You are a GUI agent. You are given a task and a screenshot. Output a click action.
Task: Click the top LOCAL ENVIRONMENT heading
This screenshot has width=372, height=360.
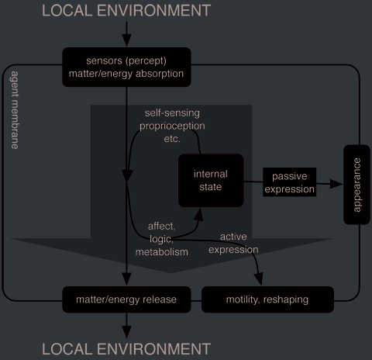click(x=126, y=11)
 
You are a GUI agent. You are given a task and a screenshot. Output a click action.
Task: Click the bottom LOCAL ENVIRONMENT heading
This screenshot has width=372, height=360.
click(x=126, y=349)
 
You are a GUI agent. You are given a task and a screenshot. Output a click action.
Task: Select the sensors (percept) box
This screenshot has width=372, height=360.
click(x=126, y=67)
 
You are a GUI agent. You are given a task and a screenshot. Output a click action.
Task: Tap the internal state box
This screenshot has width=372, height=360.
click(x=211, y=180)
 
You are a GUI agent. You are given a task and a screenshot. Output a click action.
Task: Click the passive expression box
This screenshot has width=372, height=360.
click(x=289, y=182)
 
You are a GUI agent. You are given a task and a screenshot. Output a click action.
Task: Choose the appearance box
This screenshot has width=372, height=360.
click(x=356, y=185)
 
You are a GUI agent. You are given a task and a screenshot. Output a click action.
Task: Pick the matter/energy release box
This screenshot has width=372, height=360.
click(x=126, y=299)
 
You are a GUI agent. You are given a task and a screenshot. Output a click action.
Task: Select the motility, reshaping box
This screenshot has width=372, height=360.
click(x=267, y=299)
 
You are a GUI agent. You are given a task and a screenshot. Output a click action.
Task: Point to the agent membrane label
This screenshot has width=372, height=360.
click(x=15, y=110)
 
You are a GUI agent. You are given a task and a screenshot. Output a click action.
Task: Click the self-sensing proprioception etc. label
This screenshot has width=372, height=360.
click(x=172, y=126)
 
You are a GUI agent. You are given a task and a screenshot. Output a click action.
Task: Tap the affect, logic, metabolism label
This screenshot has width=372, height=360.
click(x=162, y=239)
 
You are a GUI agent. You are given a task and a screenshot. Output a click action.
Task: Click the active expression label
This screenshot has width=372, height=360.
click(x=233, y=243)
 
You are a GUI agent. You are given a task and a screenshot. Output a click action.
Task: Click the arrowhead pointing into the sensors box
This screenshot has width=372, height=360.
click(x=126, y=40)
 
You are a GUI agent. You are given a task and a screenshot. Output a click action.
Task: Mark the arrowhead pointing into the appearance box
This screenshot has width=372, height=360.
click(x=336, y=184)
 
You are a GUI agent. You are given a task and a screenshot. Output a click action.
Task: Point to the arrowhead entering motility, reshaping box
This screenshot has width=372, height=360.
click(x=259, y=279)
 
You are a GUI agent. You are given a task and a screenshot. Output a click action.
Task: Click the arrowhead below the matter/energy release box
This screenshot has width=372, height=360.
click(x=126, y=332)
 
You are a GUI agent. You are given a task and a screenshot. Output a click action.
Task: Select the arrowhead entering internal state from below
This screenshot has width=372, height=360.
click(x=198, y=215)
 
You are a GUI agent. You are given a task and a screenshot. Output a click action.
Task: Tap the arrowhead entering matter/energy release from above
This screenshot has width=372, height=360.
click(x=126, y=279)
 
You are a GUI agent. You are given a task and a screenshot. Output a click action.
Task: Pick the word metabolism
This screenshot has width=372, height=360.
click(x=162, y=252)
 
